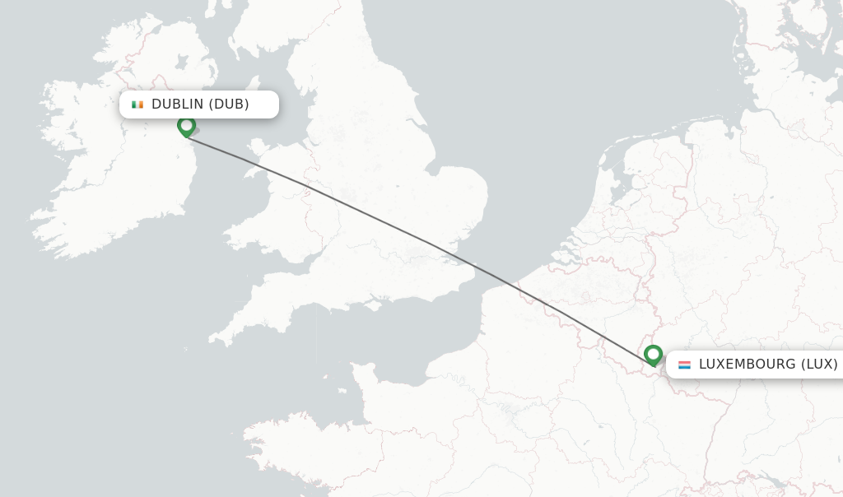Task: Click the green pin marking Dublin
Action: pos(187,126)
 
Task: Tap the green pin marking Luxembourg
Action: pos(653,355)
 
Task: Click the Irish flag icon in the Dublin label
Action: pos(137,105)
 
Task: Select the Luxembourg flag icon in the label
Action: pos(684,365)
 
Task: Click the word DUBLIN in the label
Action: pos(177,105)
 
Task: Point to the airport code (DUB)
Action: pos(229,105)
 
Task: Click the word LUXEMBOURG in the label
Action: pos(747,365)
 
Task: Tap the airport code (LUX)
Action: pos(819,365)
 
